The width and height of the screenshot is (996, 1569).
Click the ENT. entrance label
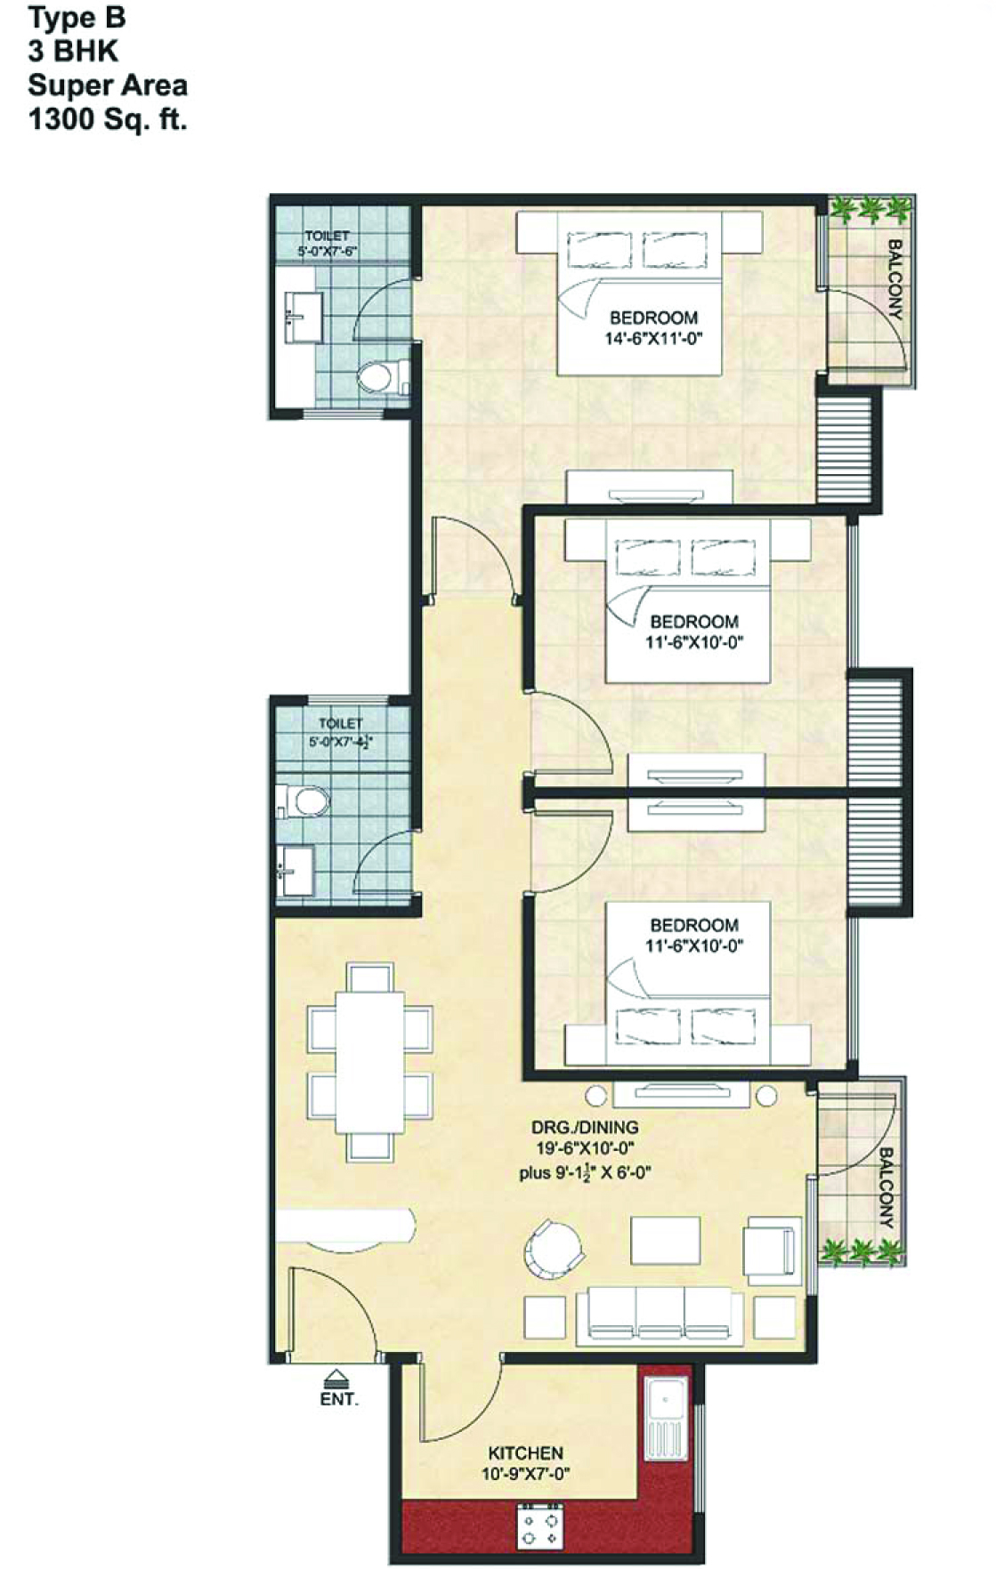point(339,1399)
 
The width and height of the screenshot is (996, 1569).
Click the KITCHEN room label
point(525,1452)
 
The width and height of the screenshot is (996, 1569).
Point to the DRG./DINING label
point(585,1127)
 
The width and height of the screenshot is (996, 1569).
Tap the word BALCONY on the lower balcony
point(886,1187)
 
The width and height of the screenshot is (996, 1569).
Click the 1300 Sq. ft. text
point(108,119)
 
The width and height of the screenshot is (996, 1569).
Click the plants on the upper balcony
point(870,210)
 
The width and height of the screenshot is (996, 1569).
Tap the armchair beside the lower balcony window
point(772,1247)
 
